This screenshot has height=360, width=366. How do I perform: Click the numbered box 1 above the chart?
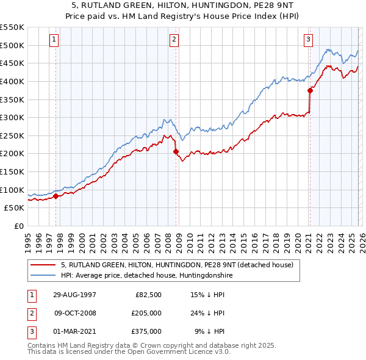[54, 40]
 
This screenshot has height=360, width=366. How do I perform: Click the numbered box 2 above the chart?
[174, 40]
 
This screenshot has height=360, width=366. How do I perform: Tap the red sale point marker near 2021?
[309, 90]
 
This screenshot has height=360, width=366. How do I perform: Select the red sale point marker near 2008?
[176, 151]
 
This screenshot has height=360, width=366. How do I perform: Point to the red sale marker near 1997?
[56, 196]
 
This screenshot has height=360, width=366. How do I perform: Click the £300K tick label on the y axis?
[12, 117]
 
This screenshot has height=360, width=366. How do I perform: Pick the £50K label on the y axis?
[15, 207]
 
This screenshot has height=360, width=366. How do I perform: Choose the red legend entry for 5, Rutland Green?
[177, 265]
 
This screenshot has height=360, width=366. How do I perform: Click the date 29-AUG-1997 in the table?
[75, 294]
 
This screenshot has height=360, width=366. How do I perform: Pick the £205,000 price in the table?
[146, 313]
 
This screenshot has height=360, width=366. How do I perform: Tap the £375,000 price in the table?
[146, 331]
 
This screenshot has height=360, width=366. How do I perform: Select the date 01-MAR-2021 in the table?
[75, 331]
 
